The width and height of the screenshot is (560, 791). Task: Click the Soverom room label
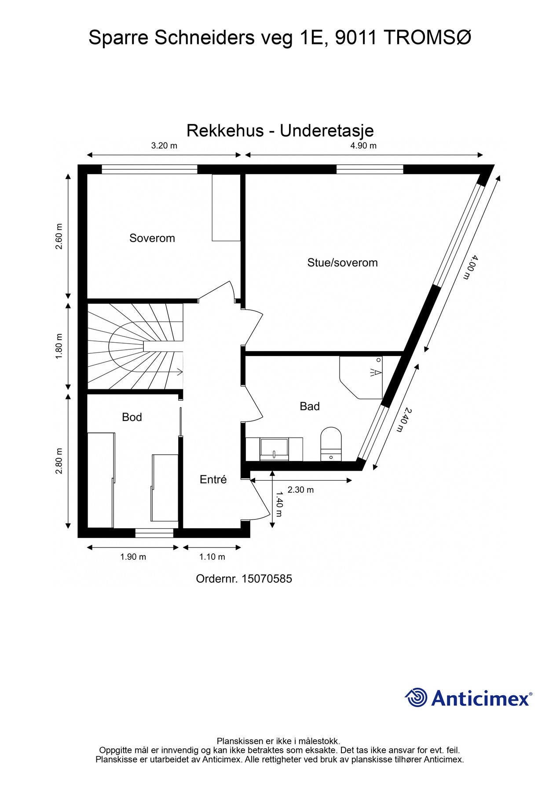click(x=152, y=238)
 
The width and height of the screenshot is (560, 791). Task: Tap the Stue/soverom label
click(x=342, y=263)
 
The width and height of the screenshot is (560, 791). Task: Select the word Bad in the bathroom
click(x=309, y=406)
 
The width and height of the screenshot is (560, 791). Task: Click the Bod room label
click(x=132, y=417)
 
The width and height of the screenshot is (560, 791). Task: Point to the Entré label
click(x=213, y=479)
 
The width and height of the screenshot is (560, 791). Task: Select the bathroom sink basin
click(x=274, y=449)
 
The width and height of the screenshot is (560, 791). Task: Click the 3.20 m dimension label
click(x=164, y=146)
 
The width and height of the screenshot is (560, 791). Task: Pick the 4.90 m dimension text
click(x=363, y=146)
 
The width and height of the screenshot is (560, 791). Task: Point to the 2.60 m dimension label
click(x=59, y=236)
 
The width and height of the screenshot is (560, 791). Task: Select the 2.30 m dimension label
click(x=300, y=490)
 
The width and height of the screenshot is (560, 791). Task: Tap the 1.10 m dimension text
click(x=212, y=557)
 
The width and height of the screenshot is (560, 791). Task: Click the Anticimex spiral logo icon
click(x=416, y=697)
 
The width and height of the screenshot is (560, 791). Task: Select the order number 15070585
click(x=267, y=579)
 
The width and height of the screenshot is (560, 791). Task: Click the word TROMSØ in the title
click(x=428, y=38)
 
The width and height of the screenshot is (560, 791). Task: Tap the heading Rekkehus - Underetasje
click(x=280, y=131)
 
